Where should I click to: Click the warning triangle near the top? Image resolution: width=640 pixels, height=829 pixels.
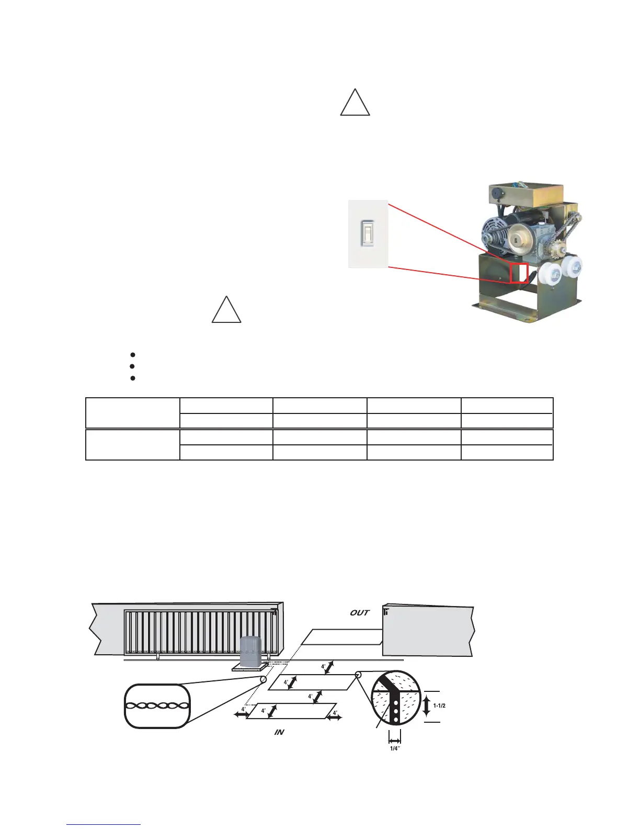[355, 103]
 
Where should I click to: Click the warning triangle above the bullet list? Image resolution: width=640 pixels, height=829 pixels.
[226, 311]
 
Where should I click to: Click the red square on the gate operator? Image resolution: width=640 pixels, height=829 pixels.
[519, 273]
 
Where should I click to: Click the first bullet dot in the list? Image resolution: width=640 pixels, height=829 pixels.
[133, 355]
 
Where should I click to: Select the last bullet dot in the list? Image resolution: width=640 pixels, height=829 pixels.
[133, 377]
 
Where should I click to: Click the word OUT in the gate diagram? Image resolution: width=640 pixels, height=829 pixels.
[360, 612]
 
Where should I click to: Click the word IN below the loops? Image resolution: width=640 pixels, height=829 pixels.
[279, 732]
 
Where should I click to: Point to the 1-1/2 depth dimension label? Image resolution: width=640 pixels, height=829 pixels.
[439, 705]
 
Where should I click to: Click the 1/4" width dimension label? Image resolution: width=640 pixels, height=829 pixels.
[395, 749]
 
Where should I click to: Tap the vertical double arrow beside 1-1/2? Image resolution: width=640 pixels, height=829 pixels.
[426, 705]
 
